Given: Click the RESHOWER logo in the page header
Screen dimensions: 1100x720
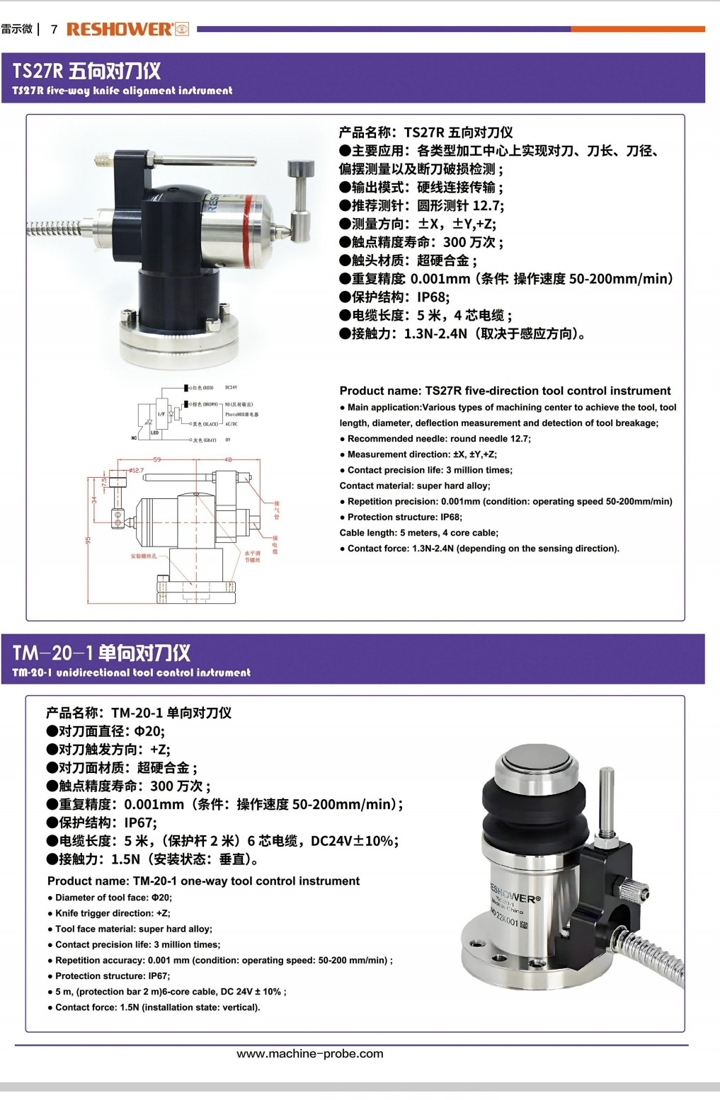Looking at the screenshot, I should click(127, 29).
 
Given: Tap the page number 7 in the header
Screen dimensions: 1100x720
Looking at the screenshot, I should click(54, 29).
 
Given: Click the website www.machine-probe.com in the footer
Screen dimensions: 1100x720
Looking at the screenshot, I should click(309, 1053).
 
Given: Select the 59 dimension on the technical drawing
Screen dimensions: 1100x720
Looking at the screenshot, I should click(157, 459).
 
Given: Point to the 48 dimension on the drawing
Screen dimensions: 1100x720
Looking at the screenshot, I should click(228, 459).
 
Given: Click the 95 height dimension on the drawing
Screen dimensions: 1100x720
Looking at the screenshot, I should click(88, 539).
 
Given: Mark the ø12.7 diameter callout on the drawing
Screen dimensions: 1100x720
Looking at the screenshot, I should click(135, 470).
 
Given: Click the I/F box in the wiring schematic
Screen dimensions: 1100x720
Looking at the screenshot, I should click(161, 414).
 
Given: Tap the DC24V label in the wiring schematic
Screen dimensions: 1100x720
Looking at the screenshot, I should click(232, 388).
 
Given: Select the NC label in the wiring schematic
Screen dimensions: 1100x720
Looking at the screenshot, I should click(134, 438).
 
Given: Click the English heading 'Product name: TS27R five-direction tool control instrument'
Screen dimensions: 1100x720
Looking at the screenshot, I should click(505, 391).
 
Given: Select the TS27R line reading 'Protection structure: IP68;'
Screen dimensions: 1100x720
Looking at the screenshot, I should click(404, 517).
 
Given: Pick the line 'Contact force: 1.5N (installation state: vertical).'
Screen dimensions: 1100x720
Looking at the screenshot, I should click(156, 1007).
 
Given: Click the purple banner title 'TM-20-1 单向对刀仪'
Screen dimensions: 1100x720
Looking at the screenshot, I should click(101, 653).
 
